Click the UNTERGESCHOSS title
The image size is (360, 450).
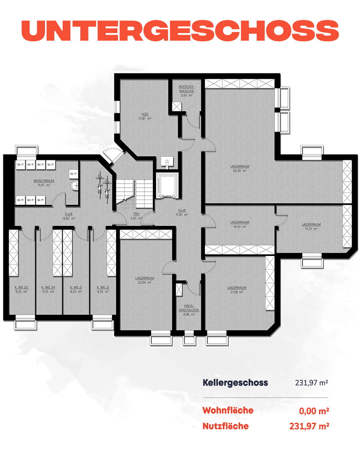point(180,31)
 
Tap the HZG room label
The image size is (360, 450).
point(145,114)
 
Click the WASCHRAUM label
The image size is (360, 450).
point(44,181)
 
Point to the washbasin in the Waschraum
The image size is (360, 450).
point(74,185)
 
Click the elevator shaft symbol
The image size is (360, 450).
point(167,186)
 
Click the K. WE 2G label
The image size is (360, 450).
point(21,287)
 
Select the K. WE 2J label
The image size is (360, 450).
point(103,287)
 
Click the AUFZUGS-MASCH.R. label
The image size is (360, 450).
point(186,89)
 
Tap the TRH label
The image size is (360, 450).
point(136,214)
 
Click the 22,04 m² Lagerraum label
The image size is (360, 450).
point(145,280)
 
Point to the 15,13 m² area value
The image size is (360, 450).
point(311,229)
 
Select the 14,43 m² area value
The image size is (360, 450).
point(239,226)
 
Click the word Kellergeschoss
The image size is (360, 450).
point(235,382)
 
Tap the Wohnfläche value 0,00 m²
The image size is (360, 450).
point(314,411)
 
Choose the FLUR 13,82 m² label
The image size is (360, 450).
point(69,216)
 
